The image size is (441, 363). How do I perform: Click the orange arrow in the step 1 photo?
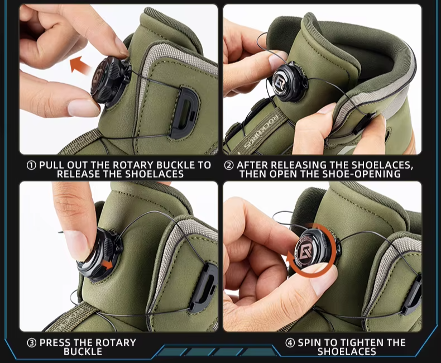[x=81, y=65]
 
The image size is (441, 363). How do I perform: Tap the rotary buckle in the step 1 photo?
[x=109, y=80]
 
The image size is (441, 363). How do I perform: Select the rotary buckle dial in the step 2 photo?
[x=288, y=82]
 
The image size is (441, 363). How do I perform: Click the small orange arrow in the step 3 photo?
[x=107, y=265]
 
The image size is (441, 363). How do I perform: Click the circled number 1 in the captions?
[x=31, y=165]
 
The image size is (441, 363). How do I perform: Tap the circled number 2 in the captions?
[x=229, y=165]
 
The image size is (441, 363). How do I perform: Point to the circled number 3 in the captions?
[x=31, y=343]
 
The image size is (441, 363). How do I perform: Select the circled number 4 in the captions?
[x=290, y=343]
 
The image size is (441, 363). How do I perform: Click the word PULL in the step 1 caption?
[x=52, y=165]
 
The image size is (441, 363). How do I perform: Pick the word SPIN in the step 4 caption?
[x=309, y=343]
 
